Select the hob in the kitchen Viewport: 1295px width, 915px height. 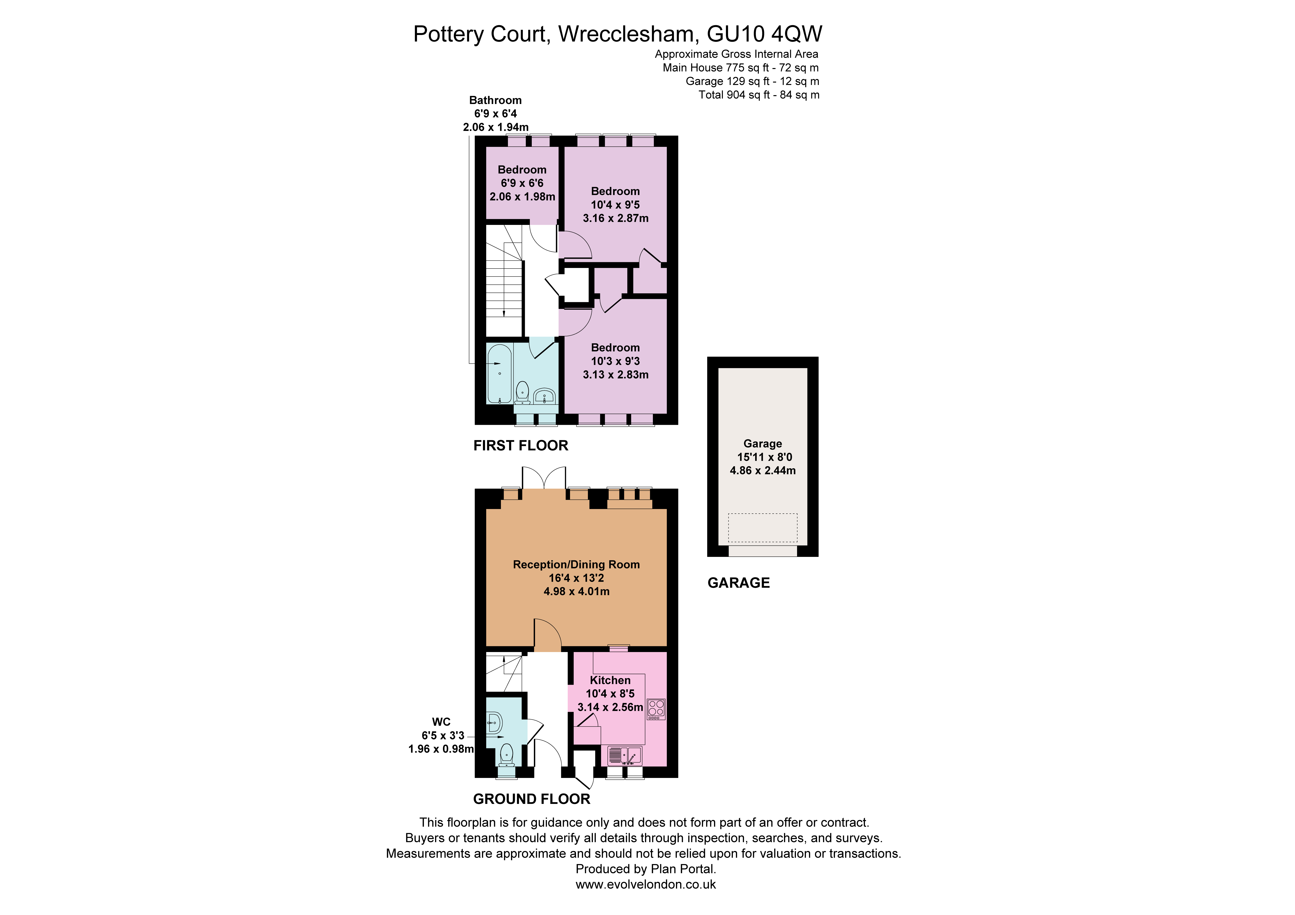pyautogui.click(x=656, y=709)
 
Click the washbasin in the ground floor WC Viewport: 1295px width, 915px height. pyautogui.click(x=495, y=723)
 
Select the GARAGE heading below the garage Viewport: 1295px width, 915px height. pyautogui.click(x=738, y=583)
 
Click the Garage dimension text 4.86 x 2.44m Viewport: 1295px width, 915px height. pyautogui.click(x=762, y=470)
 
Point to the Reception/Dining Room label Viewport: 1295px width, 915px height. pyautogui.click(x=576, y=565)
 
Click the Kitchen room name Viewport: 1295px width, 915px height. pyautogui.click(x=610, y=680)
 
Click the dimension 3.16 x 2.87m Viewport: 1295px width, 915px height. pyautogui.click(x=615, y=218)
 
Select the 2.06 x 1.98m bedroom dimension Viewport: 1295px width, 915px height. pyautogui.click(x=522, y=197)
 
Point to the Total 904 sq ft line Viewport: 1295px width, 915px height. pyautogui.click(x=759, y=95)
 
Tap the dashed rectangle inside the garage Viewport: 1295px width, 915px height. pyautogui.click(x=762, y=528)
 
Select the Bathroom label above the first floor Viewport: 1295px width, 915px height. pyautogui.click(x=495, y=100)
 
